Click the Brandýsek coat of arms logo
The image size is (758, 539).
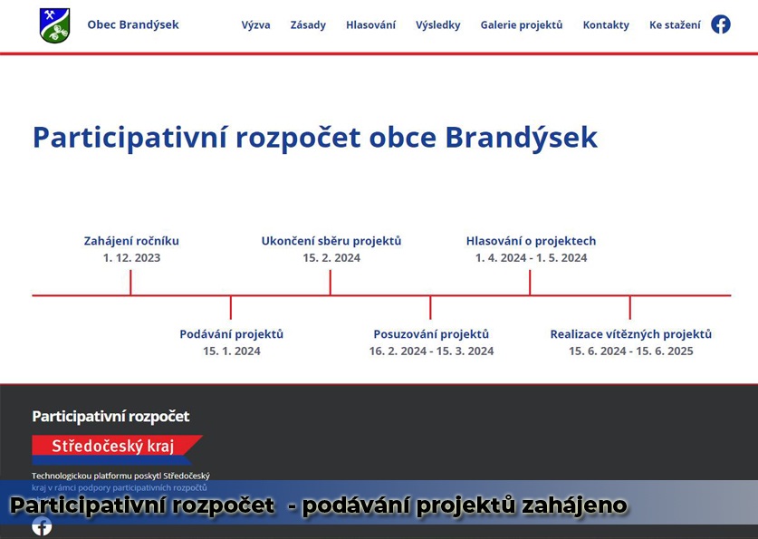[x=54, y=25]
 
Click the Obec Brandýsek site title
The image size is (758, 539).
[x=133, y=24]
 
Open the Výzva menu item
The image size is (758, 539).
[x=255, y=24]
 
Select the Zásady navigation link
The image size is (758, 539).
[x=308, y=24]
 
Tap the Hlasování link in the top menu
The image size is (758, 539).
[x=370, y=24]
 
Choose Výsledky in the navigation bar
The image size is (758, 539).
[x=438, y=24]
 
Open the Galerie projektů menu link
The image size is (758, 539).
[x=522, y=24]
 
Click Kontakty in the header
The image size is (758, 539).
[x=606, y=24]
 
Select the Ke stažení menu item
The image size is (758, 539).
[x=675, y=24]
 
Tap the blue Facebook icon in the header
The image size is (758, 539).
[x=720, y=24]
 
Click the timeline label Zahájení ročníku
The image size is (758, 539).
[x=131, y=241]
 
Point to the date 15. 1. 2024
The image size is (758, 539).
[x=232, y=351]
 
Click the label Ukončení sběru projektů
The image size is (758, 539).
[x=331, y=241]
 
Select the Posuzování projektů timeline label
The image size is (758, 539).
[x=431, y=334]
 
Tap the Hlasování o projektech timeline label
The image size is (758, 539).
[x=531, y=241]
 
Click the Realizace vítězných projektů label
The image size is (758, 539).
[x=631, y=334]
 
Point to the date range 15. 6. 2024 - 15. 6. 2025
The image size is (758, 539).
[x=631, y=351]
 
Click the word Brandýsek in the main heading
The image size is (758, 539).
[x=521, y=138]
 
